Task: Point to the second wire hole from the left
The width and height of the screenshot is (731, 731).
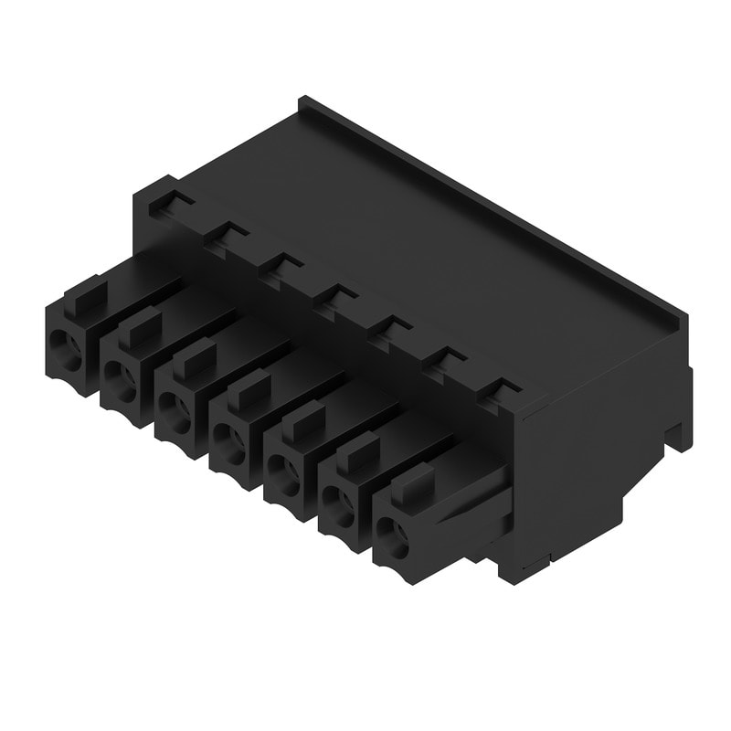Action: pyautogui.click(x=120, y=374)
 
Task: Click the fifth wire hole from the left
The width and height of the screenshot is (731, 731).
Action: pyautogui.click(x=289, y=474)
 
